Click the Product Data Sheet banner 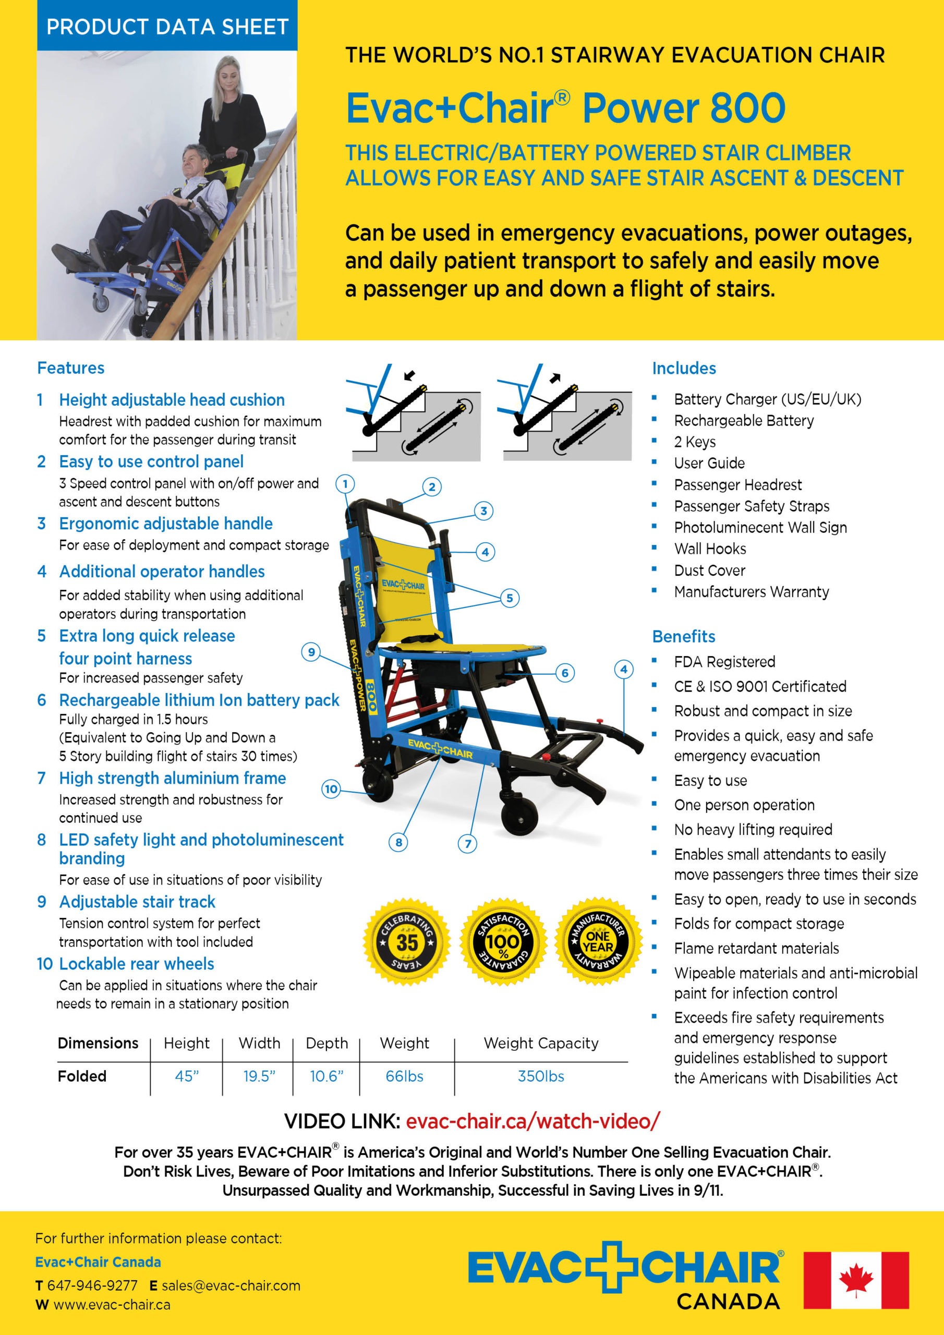click(167, 27)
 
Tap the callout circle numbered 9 click(311, 652)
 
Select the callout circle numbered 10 click(331, 789)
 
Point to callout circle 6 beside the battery click(565, 673)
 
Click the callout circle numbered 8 click(398, 842)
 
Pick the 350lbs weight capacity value click(540, 1076)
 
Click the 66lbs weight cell click(404, 1076)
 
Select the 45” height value click(187, 1076)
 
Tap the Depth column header click(327, 1043)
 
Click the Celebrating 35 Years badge click(407, 942)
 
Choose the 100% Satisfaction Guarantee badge click(503, 942)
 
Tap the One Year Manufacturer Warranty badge click(599, 942)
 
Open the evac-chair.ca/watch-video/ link click(533, 1121)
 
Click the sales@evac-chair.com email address click(231, 1285)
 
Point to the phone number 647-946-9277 click(92, 1285)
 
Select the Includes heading click(684, 368)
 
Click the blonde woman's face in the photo click(225, 76)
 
